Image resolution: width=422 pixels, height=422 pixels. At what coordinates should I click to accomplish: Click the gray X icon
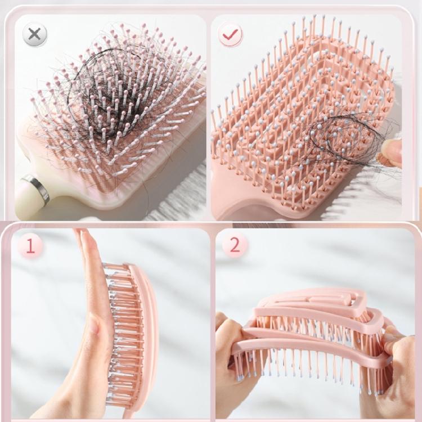(34, 34)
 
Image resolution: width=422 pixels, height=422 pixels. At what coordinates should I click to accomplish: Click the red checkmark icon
(230, 35)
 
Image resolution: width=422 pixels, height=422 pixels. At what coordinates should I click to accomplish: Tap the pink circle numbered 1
(30, 246)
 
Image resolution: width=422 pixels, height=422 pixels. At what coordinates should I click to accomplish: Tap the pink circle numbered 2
(235, 246)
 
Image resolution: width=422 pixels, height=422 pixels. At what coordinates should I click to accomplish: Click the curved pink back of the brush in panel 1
(147, 332)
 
